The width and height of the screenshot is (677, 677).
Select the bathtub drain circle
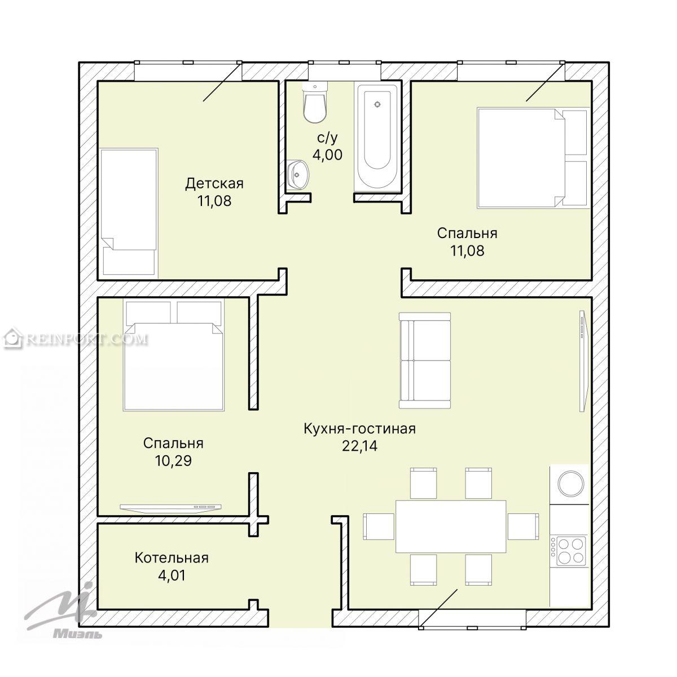(x=377, y=104)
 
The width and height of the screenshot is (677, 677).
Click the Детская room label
(x=214, y=184)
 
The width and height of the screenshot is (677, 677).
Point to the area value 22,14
(x=359, y=446)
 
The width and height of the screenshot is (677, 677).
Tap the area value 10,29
(x=173, y=461)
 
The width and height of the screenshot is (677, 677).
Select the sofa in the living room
(x=425, y=361)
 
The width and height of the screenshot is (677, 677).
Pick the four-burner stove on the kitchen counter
(x=569, y=551)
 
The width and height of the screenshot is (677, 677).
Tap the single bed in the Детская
(x=129, y=212)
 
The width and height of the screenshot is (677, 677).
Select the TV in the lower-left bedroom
(x=171, y=507)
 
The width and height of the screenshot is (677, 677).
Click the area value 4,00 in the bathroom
(x=327, y=155)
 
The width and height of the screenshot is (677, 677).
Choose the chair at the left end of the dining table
(x=379, y=526)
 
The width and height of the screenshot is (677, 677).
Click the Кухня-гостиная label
(x=359, y=429)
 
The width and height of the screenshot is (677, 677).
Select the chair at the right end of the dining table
(x=523, y=526)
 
